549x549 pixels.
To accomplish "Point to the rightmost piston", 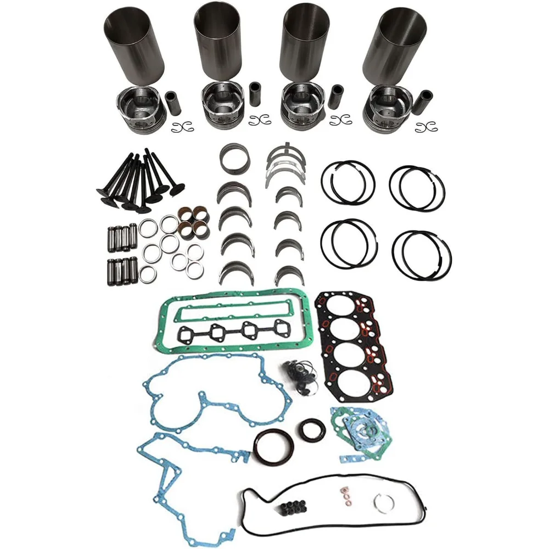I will pyautogui.click(x=388, y=107).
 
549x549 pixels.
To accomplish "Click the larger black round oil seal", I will pyautogui.click(x=273, y=447).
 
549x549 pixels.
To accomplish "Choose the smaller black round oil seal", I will pyautogui.click(x=312, y=429).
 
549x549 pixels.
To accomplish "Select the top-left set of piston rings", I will pyautogui.click(x=348, y=181).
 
